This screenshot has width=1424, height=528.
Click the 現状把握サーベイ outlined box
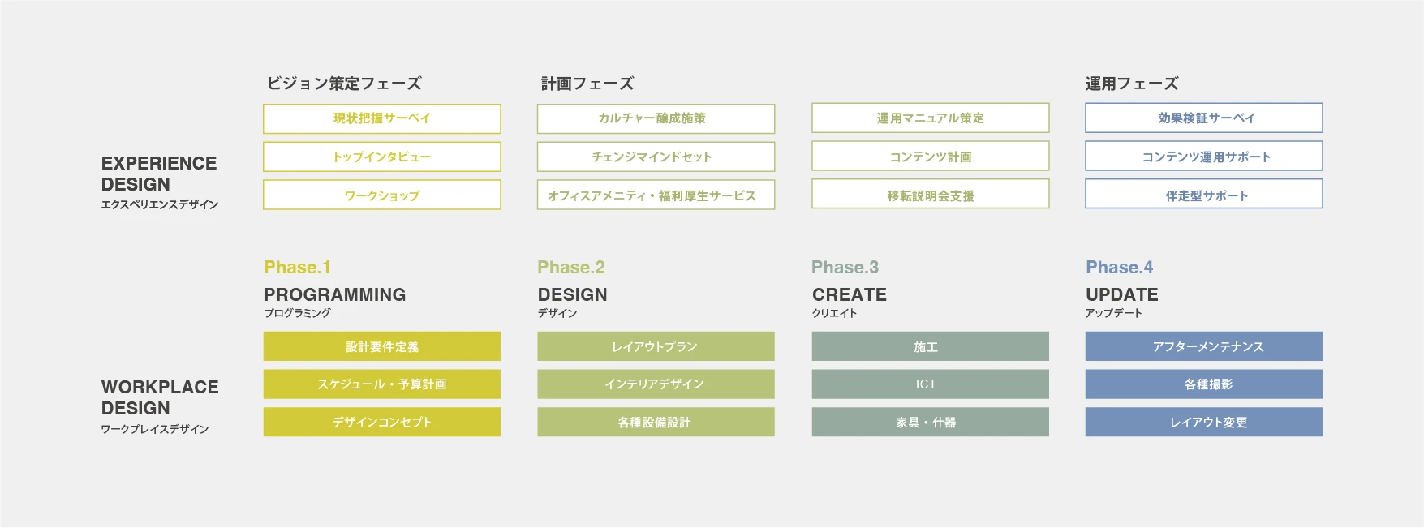pos(381,118)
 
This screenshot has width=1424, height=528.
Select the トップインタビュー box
pos(381,157)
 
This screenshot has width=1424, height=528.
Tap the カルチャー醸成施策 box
pos(656,118)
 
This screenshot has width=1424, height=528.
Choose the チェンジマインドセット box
pos(656,157)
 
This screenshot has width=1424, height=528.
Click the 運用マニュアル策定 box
pos(930,118)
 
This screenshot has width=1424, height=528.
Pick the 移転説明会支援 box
pos(930,195)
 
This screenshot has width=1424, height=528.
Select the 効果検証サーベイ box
pos(1204,118)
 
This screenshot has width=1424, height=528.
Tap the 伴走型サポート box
pos(1204,195)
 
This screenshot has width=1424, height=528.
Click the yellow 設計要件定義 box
pos(381,346)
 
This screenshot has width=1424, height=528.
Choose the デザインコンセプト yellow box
pos(381,422)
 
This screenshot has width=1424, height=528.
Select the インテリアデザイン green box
pos(656,384)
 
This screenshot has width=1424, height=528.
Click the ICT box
pos(930,384)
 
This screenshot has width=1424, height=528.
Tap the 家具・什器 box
pos(930,422)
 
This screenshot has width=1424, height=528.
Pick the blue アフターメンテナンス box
pos(1204,346)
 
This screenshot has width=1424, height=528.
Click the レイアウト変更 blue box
pos(1204,422)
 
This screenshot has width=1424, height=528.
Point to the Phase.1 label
pos(297,268)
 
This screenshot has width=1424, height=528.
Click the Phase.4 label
pos(1119,268)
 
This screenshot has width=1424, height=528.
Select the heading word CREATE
pos(849,294)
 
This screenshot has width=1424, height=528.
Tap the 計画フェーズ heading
pos(587,84)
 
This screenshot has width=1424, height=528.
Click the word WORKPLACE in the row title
pos(160,387)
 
